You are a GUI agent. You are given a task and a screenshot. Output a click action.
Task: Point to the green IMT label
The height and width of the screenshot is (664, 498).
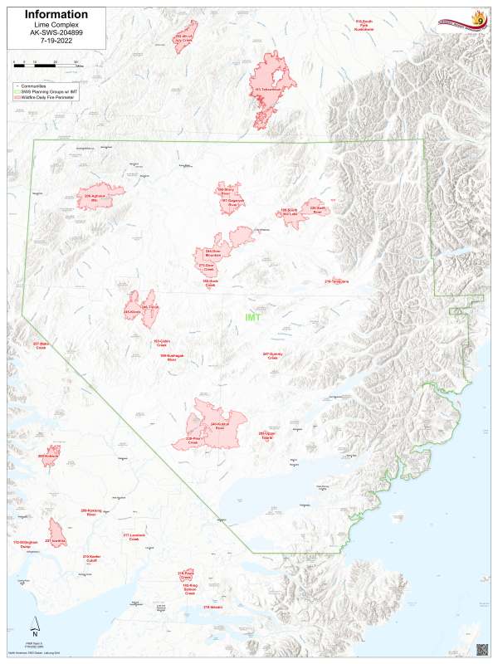(x=252, y=317)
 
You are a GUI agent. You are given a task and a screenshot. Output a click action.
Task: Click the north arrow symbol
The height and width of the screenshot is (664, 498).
(x=35, y=627)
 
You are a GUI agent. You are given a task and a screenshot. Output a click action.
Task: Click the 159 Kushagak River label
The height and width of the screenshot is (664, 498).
(x=172, y=358)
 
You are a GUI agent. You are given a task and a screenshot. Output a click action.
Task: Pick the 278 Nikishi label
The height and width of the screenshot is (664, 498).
(x=212, y=608)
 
